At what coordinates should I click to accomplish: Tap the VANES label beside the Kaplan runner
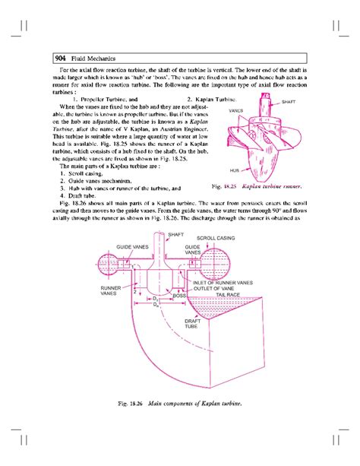(236, 109)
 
